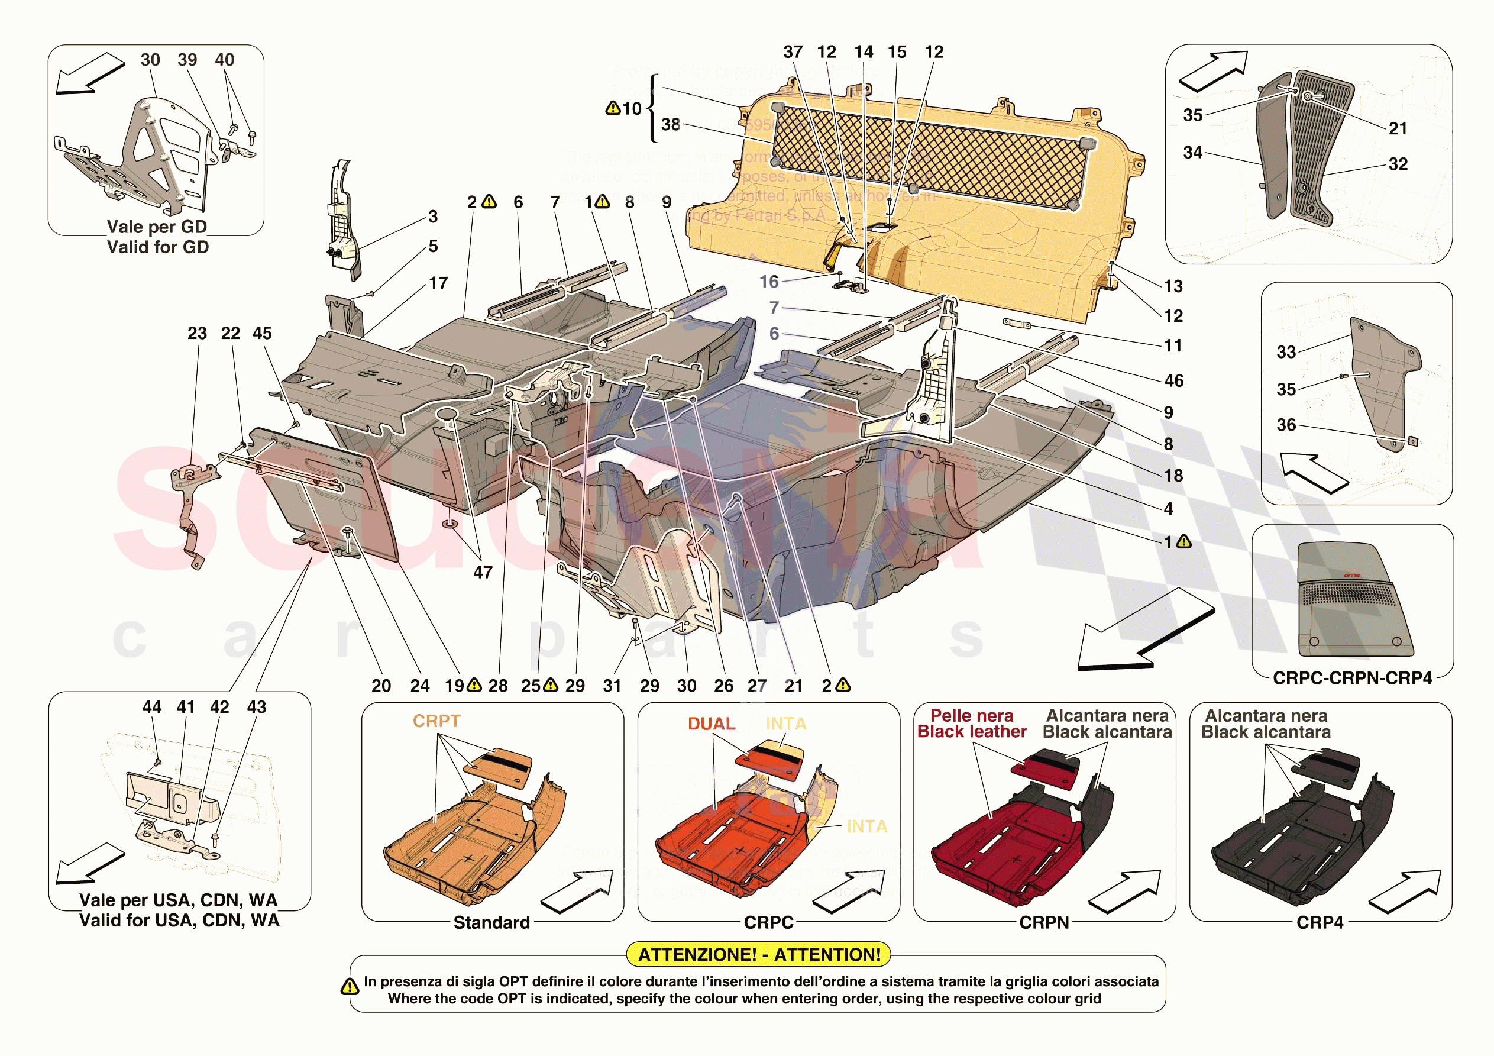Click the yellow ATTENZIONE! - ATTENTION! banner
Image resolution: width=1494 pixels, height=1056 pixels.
tap(758, 954)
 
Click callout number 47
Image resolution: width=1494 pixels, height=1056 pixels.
tap(482, 572)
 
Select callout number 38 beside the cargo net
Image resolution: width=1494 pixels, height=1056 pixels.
tap(670, 124)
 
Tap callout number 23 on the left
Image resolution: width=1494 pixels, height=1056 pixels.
tap(197, 333)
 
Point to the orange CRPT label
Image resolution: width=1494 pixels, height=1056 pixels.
tap(436, 721)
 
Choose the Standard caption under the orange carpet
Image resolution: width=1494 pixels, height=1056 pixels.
tap(491, 922)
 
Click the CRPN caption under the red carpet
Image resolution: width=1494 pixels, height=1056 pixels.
tap(1044, 922)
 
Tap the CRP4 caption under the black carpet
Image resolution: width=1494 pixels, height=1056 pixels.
tap(1320, 922)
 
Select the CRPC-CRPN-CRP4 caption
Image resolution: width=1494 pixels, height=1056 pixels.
tap(1352, 678)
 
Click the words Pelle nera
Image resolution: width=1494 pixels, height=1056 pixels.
tap(972, 715)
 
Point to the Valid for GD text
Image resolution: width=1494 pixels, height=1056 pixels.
tap(158, 247)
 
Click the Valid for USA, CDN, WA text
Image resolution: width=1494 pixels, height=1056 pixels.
tap(180, 921)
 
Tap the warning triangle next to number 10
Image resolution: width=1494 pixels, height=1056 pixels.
tap(612, 108)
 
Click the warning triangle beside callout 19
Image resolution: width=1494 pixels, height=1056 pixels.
tap(474, 685)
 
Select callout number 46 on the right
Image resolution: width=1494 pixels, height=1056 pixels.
tap(1174, 380)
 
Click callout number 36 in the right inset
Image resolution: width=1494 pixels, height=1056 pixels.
tap(1286, 425)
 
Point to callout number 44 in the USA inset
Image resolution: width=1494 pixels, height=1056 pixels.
tap(151, 707)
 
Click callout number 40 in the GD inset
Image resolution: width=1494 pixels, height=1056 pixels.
tap(225, 60)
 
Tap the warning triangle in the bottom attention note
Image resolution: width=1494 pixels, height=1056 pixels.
tap(350, 986)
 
